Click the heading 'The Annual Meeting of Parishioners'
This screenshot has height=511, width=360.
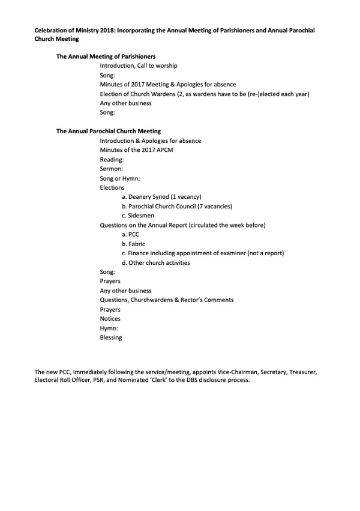click(106, 56)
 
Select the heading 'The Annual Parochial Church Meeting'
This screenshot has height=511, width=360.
click(108, 131)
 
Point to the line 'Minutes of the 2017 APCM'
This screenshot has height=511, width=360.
click(136, 150)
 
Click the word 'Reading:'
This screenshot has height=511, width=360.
click(112, 159)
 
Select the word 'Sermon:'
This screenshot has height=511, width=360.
click(111, 169)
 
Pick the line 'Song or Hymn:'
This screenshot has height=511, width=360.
click(119, 178)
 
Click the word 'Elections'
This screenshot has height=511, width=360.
click(112, 187)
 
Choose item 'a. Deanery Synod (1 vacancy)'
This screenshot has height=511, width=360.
click(161, 197)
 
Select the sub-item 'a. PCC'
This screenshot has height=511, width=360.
click(130, 235)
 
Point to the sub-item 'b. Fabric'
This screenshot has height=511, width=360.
click(133, 244)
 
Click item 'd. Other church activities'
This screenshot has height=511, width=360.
click(155, 263)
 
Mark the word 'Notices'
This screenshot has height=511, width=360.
click(110, 319)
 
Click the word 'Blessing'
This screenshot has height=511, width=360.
click(111, 337)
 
